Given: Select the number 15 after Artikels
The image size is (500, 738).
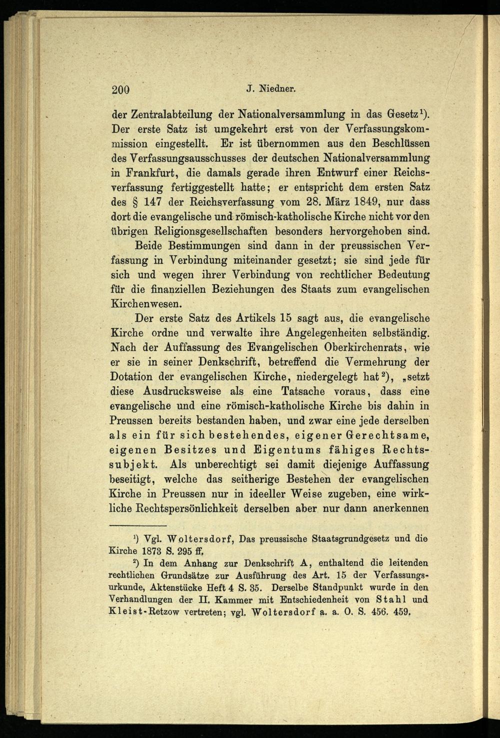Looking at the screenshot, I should click(286, 319).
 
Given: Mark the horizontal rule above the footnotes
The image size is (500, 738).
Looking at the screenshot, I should click(137, 526).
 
